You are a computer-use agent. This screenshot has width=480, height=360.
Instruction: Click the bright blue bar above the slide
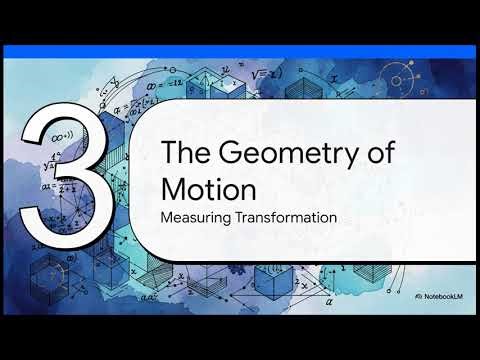pos(240,51)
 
